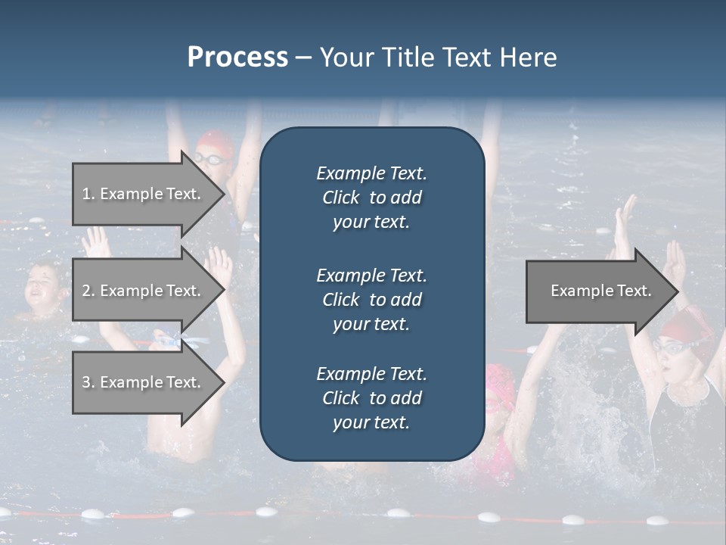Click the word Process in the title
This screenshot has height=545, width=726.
[237, 58]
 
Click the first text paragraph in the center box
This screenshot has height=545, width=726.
[371, 198]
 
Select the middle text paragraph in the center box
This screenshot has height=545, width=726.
[371, 299]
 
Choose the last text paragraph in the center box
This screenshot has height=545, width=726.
[371, 398]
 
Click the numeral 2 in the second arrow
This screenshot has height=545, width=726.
[85, 291]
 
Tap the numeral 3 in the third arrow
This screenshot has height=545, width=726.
[85, 382]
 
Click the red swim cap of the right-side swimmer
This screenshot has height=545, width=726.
[684, 325]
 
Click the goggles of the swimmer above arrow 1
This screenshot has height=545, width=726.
[211, 158]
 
